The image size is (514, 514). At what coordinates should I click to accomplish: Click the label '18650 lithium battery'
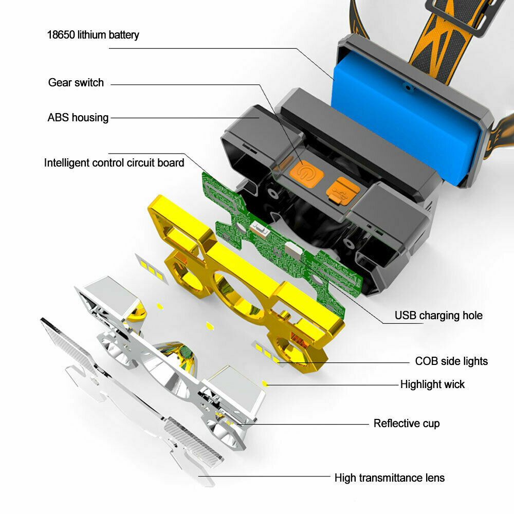[x=93, y=35]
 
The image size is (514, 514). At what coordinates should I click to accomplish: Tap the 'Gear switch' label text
[x=76, y=83]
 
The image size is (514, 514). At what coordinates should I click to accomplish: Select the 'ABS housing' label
[x=78, y=117]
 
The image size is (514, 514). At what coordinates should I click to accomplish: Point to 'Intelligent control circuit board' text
[x=114, y=163]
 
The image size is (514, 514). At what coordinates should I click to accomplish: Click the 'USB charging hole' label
[x=438, y=316]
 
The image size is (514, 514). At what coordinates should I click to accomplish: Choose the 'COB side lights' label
[x=451, y=361]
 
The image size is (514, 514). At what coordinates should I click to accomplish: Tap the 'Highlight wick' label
[x=432, y=384]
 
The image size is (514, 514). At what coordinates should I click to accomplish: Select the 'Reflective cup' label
[x=407, y=423]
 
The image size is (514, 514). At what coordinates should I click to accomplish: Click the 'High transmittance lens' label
[x=390, y=478]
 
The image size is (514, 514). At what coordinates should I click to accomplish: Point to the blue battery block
[x=407, y=121]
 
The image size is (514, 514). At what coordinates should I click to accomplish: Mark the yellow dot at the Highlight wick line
[x=265, y=383]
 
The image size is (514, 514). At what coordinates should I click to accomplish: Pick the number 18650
[x=61, y=35]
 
